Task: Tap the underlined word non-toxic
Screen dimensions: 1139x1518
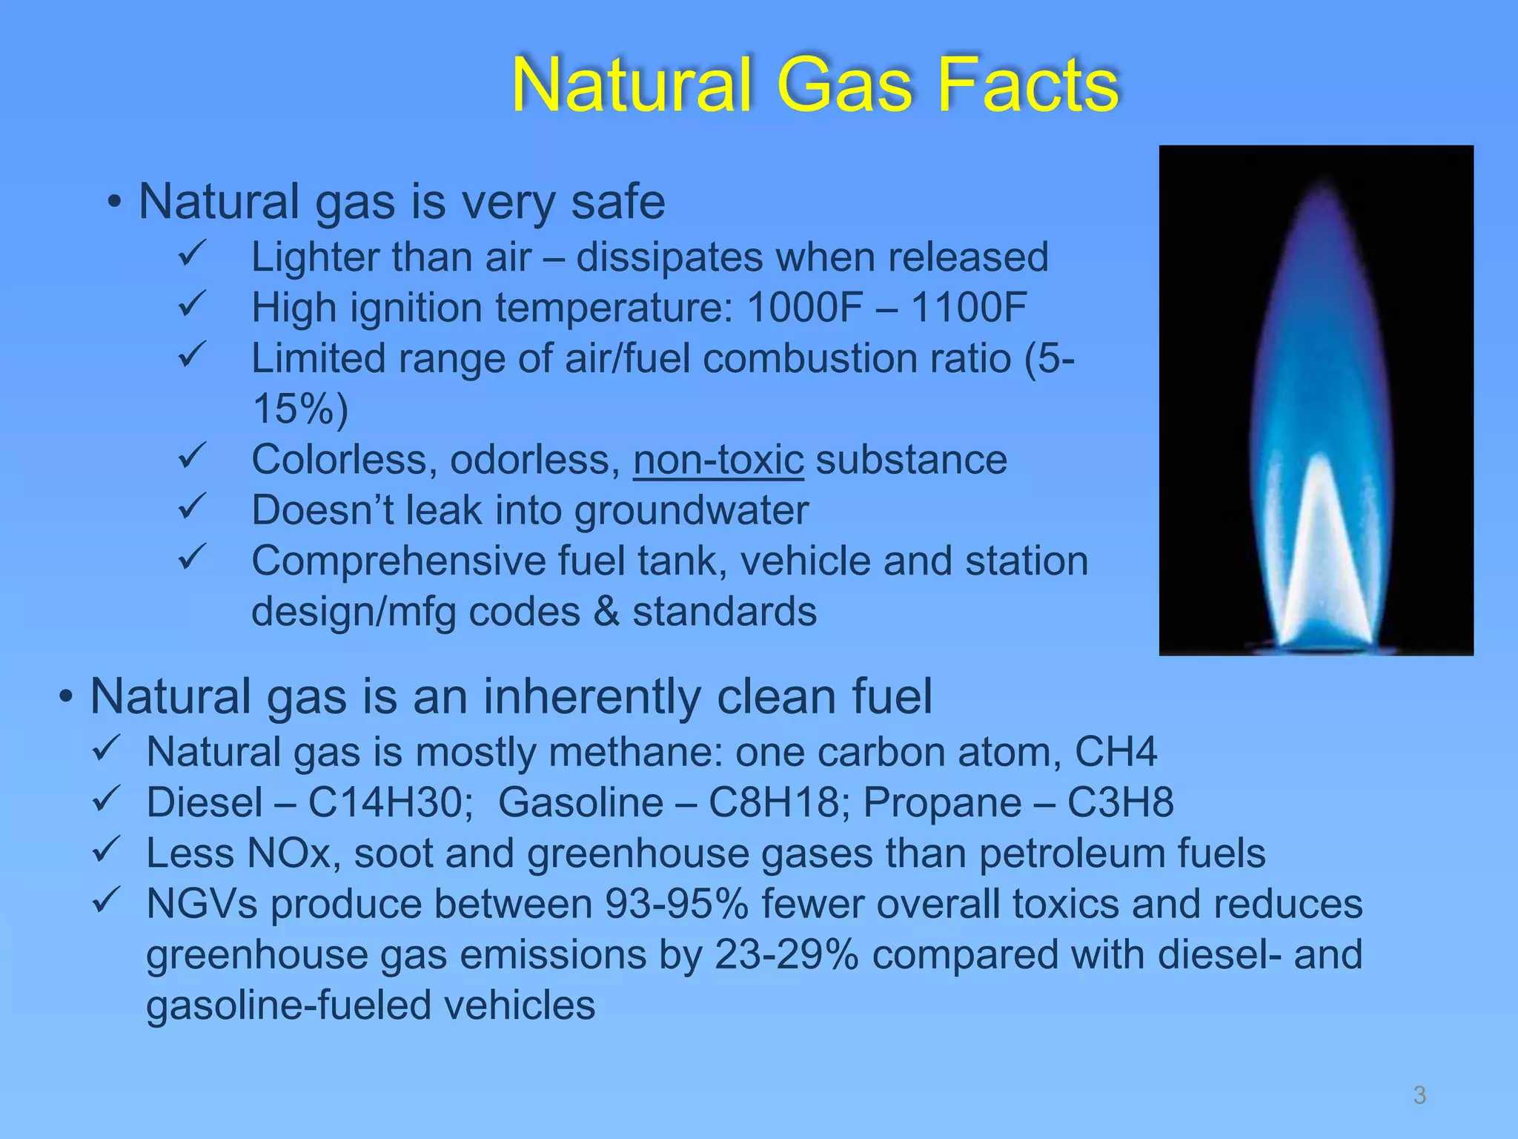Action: coord(718,460)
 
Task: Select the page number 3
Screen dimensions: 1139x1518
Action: coord(1419,1095)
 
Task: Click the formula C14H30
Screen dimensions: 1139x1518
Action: coord(385,802)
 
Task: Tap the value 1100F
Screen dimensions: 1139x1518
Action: coord(969,307)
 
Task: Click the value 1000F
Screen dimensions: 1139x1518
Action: coord(804,307)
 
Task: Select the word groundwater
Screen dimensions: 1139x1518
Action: coord(691,511)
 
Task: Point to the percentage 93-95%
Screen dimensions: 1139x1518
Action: coord(676,904)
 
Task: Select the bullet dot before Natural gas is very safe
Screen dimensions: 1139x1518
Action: coord(114,202)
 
